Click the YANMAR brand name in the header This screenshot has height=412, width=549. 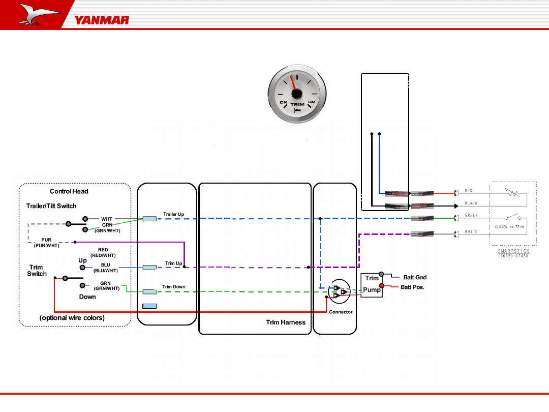[102, 20]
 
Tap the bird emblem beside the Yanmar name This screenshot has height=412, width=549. [38, 15]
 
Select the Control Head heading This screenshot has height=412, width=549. [69, 192]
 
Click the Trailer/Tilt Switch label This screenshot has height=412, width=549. [51, 206]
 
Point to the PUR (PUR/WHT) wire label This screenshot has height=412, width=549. [46, 243]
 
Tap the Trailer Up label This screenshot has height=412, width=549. [173, 214]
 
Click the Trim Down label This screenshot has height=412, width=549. [174, 287]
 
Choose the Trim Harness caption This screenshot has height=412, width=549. [286, 322]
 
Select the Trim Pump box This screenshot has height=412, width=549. [372, 285]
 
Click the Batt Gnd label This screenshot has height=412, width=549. [415, 278]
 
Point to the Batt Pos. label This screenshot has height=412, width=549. [412, 287]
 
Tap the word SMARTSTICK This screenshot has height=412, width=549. [513, 251]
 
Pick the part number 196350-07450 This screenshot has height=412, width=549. [513, 256]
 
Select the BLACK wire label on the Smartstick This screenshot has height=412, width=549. [471, 203]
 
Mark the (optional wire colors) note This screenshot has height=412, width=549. [72, 318]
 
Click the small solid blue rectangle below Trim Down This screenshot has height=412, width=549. [149, 306]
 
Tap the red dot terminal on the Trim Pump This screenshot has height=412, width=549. [382, 285]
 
